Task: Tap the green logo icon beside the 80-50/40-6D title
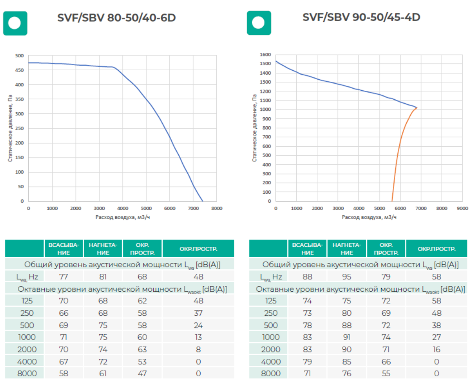15,23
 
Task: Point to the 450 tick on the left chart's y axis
20,70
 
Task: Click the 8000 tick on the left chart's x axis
217,208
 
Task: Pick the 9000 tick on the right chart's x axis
463,208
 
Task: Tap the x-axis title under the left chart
122,217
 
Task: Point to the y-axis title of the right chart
254,128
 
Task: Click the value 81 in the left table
103,276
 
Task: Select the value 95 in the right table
346,276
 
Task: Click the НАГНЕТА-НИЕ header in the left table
103,249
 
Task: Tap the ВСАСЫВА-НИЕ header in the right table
307,249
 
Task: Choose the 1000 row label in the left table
27,337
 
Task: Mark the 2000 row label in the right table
271,349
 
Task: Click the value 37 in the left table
198,313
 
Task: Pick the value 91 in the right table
346,337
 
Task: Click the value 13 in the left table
198,337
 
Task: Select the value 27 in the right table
436,337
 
